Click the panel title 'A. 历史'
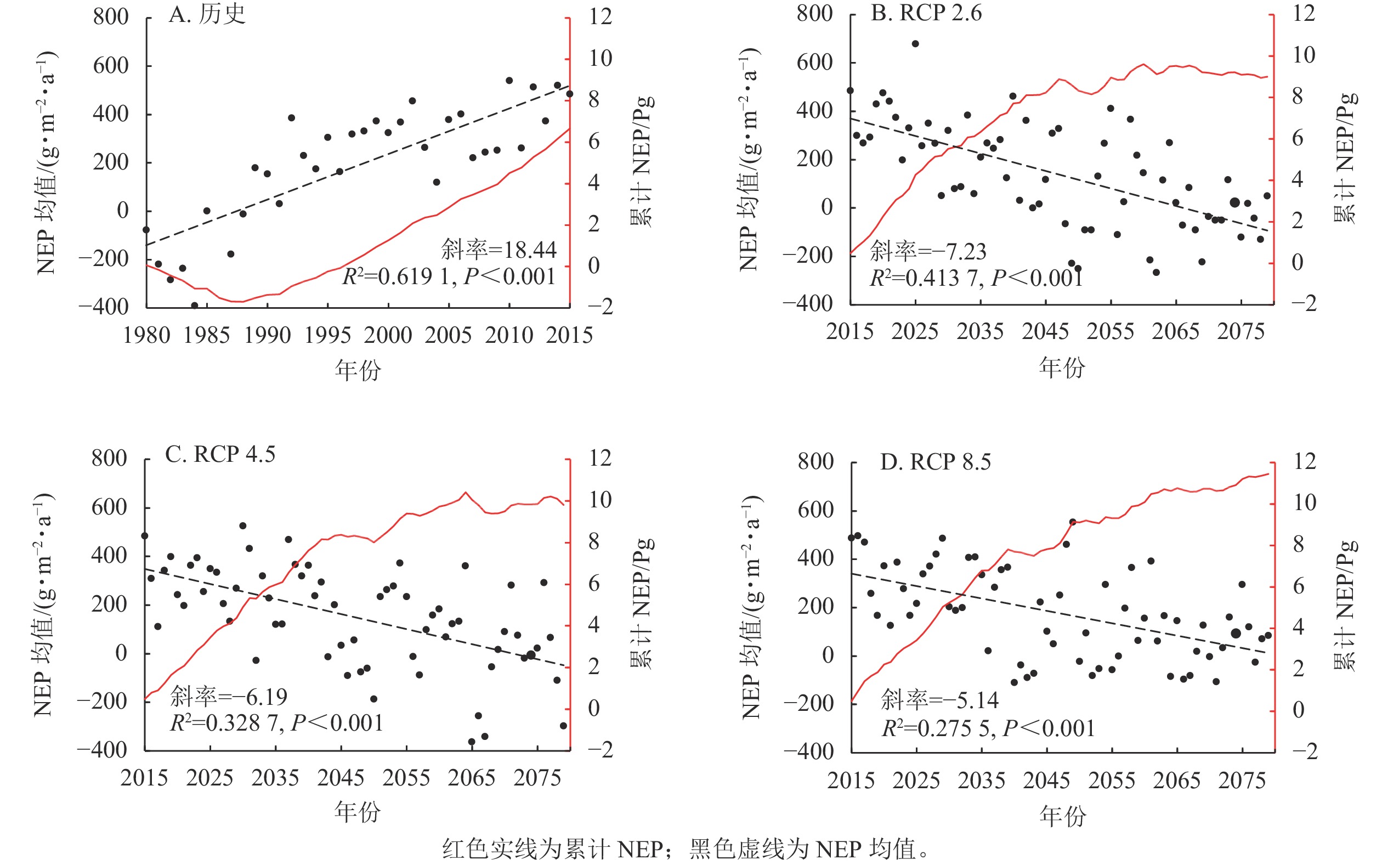pyautogui.click(x=207, y=14)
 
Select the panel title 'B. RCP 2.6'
pyautogui.click(x=926, y=13)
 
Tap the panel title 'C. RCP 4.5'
pyautogui.click(x=220, y=454)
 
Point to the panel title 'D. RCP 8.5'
pyautogui.click(x=935, y=462)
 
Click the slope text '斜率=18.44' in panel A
pyautogui.click(x=498, y=250)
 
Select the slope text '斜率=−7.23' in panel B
pyautogui.click(x=928, y=251)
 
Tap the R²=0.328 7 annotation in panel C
pyautogui.click(x=276, y=723)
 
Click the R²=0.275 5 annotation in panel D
pyautogui.click(x=988, y=728)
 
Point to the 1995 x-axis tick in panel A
pyautogui.click(x=328, y=335)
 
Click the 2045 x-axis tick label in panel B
pyautogui.click(x=1045, y=332)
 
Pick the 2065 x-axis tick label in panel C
pyautogui.click(x=471, y=778)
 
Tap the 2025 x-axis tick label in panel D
pyautogui.click(x=916, y=781)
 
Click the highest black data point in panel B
pyautogui.click(x=915, y=44)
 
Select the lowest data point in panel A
pyautogui.click(x=195, y=306)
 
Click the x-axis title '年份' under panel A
pyautogui.click(x=358, y=370)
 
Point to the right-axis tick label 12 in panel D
pyautogui.click(x=1305, y=462)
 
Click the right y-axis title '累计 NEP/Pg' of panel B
pyautogui.click(x=1344, y=157)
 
